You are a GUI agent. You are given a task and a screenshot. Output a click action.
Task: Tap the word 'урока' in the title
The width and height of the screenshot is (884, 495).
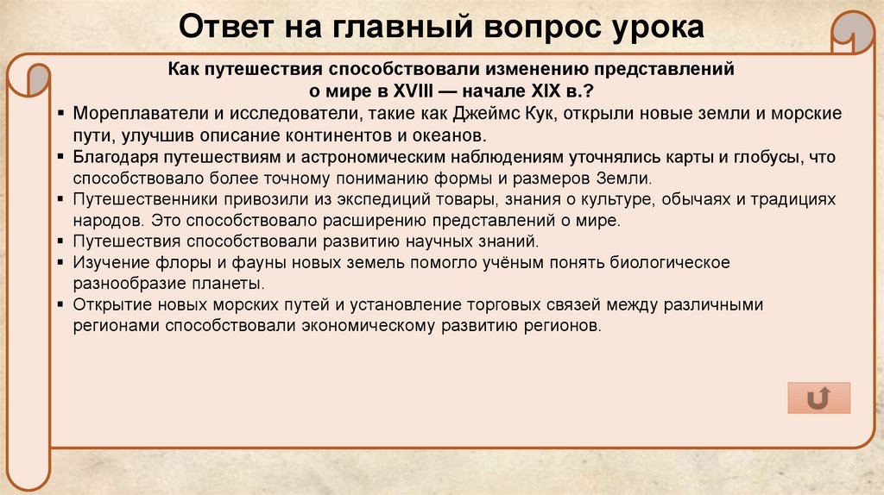654,28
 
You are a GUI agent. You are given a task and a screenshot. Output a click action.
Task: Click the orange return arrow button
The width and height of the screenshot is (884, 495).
818,398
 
